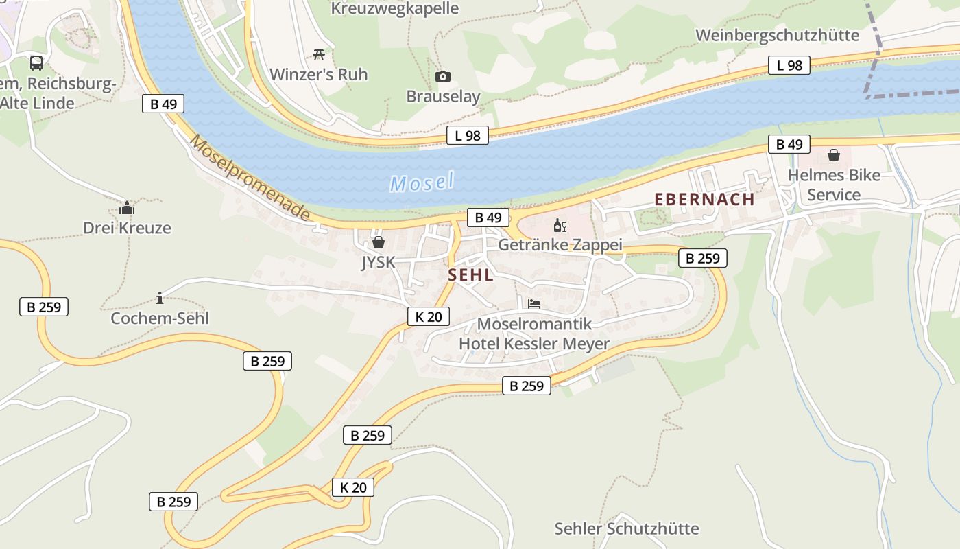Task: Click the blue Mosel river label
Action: point(422,182)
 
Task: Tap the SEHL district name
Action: point(470,275)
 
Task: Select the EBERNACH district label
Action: point(704,200)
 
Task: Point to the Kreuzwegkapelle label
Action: point(394,8)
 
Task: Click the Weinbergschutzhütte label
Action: point(777,35)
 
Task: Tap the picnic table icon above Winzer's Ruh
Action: point(318,54)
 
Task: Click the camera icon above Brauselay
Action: point(443,76)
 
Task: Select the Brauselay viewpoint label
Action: point(443,96)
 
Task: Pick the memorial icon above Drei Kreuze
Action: point(127,208)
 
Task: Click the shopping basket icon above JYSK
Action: point(378,242)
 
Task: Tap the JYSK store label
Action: point(378,262)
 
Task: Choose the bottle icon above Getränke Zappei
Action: point(560,225)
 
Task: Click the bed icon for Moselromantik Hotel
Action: point(534,303)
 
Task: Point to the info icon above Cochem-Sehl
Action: point(160,298)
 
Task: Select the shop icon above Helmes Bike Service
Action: point(834,155)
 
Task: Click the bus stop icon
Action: point(36,63)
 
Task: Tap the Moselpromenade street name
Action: point(250,178)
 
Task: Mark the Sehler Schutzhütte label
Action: point(627,528)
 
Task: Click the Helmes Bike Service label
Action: point(834,185)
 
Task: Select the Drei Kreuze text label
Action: point(127,228)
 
